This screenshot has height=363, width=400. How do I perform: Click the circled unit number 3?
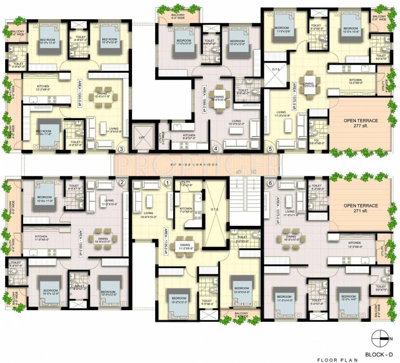pos(122,149)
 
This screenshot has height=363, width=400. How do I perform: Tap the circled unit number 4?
pos(216,149)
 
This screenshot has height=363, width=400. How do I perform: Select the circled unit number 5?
pos(270,149)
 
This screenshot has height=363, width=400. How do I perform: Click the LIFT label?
pos(141,137)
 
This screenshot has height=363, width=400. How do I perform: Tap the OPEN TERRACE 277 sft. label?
pos(361,124)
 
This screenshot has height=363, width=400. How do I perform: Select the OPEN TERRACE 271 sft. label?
pos(361,208)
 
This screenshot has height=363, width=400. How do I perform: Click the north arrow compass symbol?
pos(381,337)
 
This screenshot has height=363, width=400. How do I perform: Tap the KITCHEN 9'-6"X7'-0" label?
pos(189,138)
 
